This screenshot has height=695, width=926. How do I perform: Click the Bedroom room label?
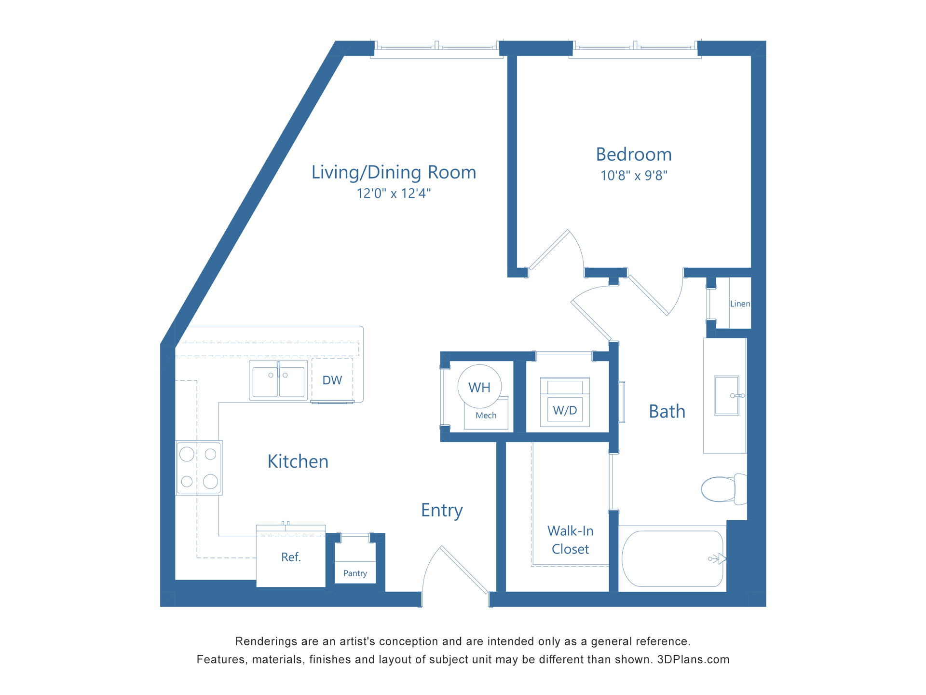tap(634, 154)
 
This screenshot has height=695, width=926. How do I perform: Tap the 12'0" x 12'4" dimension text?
tap(394, 194)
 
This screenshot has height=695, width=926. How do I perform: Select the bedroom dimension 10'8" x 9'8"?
tap(634, 176)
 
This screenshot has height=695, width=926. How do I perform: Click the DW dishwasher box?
tap(332, 380)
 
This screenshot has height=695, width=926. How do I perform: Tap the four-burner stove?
tap(199, 468)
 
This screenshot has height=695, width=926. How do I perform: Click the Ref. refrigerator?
tap(291, 557)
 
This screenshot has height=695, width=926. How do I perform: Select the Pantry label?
tap(355, 573)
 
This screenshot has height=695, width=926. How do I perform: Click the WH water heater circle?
tap(479, 387)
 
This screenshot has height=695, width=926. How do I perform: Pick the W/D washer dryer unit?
tap(565, 403)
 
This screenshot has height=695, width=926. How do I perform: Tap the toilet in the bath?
tap(722, 489)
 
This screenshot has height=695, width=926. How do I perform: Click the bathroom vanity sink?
tap(726, 395)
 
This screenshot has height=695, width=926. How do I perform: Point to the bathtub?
tap(672, 559)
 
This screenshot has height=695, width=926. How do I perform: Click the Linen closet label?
tap(740, 304)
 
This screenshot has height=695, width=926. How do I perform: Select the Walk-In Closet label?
tap(570, 540)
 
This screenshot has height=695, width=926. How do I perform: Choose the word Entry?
tap(442, 511)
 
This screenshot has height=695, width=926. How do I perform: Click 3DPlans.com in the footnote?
tap(693, 660)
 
